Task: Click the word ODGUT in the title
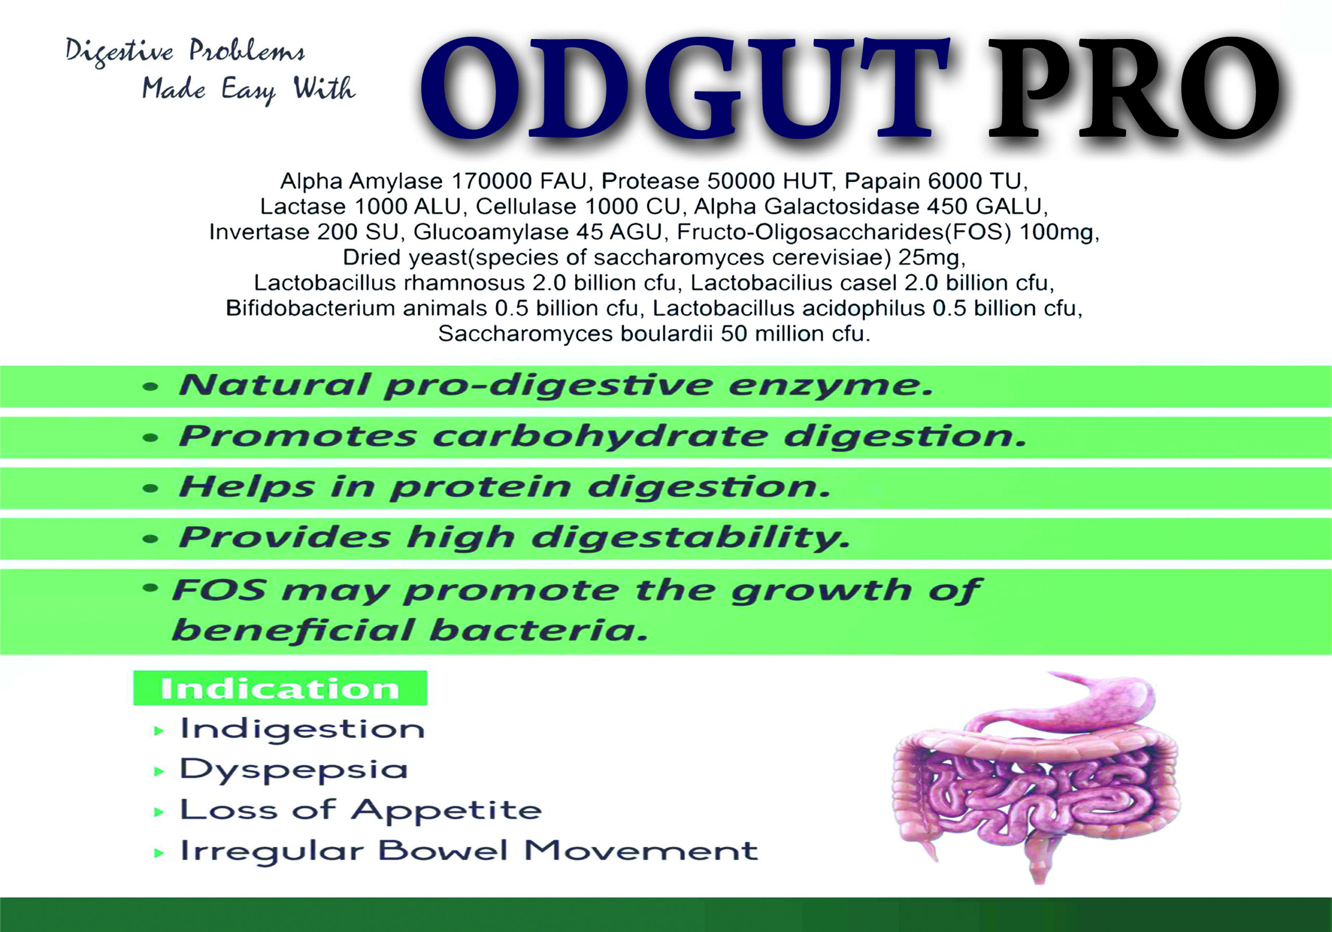(x=685, y=88)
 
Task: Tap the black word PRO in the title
(x=1134, y=88)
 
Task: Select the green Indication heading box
(x=280, y=688)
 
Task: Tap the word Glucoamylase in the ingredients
(x=490, y=232)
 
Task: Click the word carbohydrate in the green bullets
(x=600, y=436)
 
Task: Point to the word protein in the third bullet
(x=480, y=487)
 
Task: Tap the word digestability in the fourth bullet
(x=690, y=538)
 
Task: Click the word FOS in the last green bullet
(x=219, y=590)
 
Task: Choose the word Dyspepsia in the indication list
(x=293, y=771)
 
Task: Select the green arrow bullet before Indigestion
(x=158, y=731)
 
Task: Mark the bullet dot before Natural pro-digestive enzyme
(x=150, y=386)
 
